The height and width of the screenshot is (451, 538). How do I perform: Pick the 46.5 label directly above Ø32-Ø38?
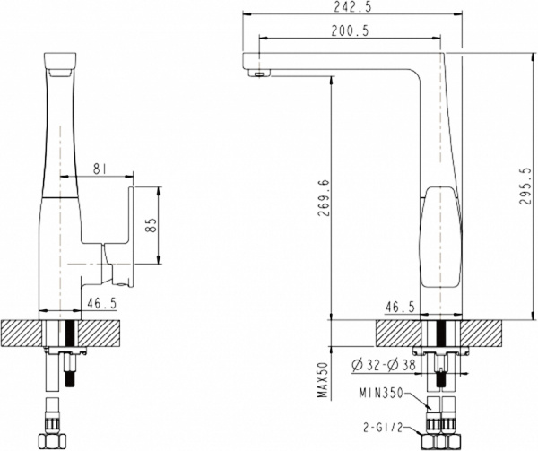coord(399,308)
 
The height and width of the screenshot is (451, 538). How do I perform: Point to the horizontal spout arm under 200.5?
coord(341,61)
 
